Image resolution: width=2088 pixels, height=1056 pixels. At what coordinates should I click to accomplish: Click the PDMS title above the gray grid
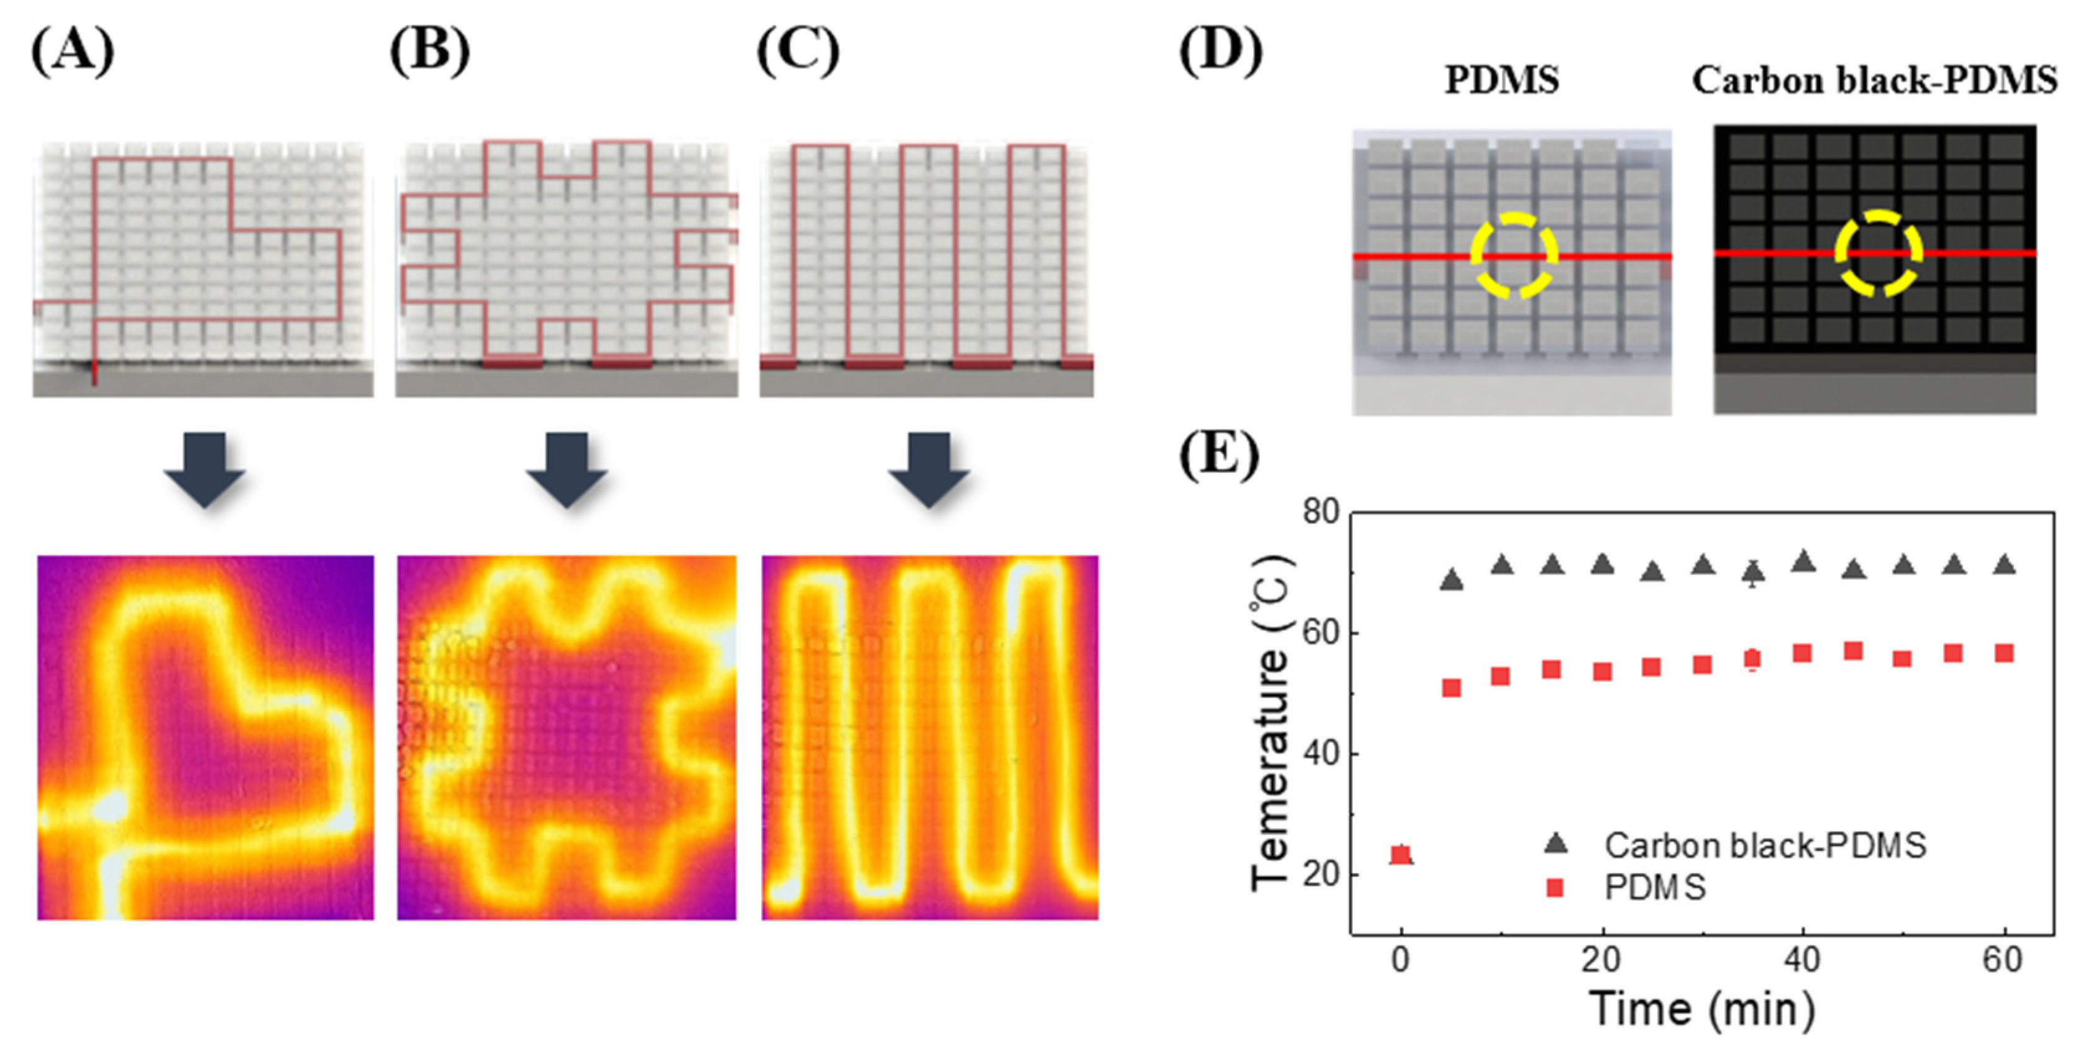point(1502,80)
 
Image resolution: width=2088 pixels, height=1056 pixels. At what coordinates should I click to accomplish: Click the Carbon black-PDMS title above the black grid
point(1874,80)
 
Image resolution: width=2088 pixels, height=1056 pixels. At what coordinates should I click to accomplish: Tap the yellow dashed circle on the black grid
point(1878,253)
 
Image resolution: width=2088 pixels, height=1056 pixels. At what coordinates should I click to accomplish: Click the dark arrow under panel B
point(567,469)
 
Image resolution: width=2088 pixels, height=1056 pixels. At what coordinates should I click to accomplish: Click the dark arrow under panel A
point(204,469)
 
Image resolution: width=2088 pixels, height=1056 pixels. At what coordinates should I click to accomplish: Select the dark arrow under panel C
point(929,469)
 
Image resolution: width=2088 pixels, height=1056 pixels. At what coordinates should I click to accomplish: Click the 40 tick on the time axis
point(1802,960)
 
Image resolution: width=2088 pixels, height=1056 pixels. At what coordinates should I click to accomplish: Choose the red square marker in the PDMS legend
point(1555,888)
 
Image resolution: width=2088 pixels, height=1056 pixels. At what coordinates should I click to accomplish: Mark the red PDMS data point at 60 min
point(2003,653)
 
